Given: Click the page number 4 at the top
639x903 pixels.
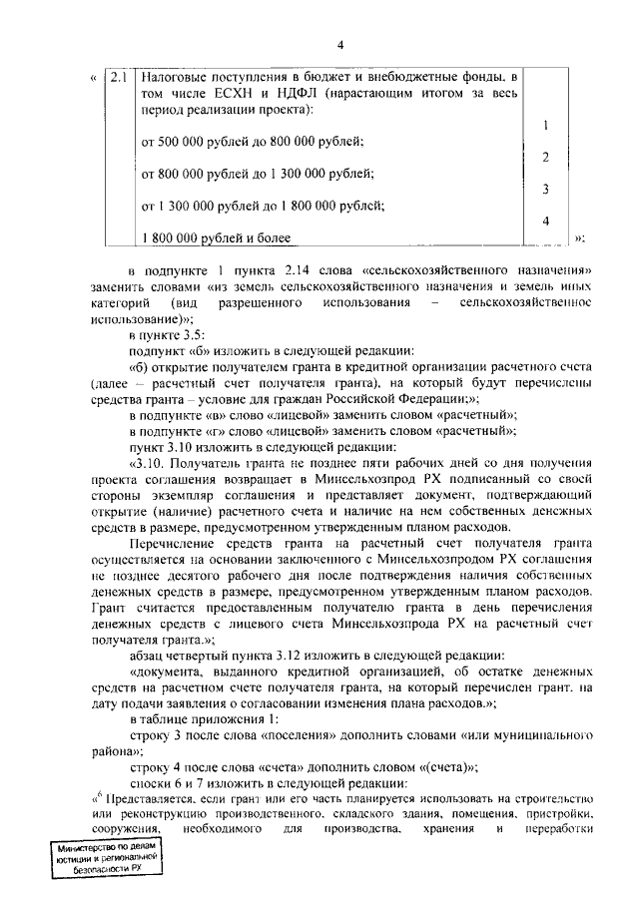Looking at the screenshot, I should [339, 45].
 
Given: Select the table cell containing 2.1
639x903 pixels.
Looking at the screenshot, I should [118, 76].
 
